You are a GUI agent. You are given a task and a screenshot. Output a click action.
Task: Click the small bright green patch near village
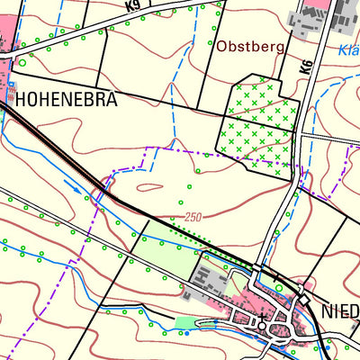186,322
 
